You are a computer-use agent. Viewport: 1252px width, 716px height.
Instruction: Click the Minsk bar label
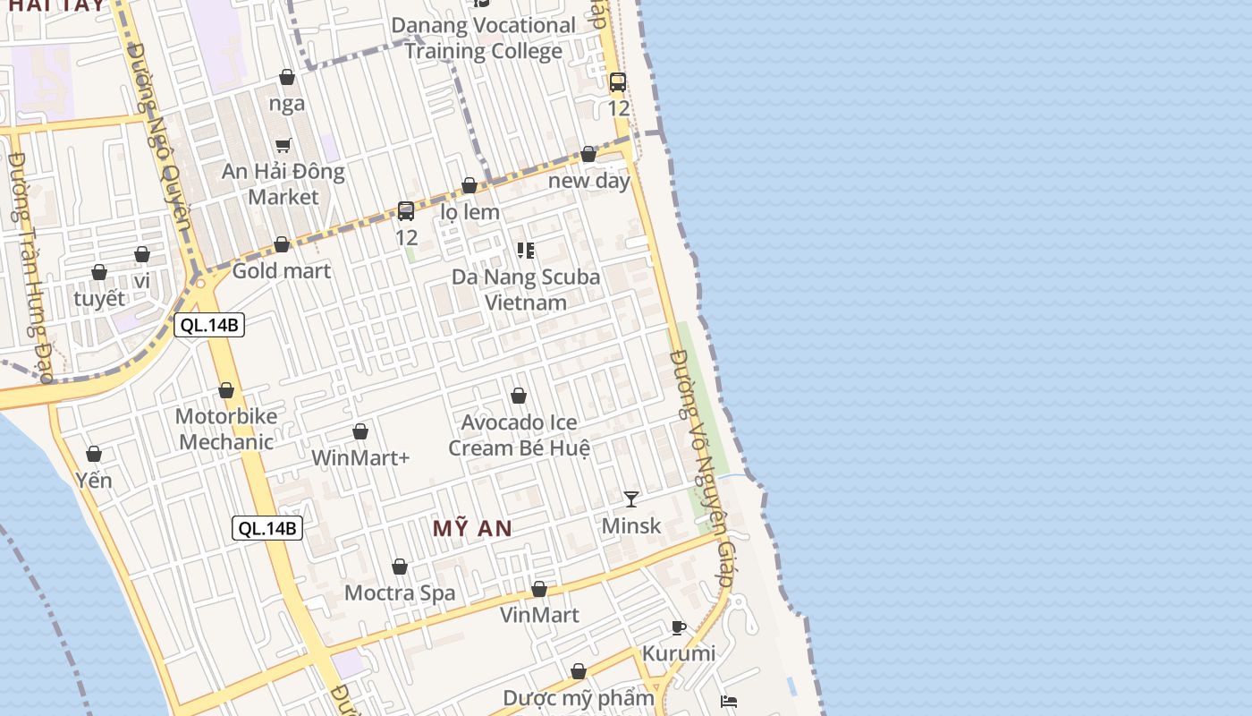(x=631, y=525)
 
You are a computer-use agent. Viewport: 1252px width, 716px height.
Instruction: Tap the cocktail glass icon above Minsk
(x=631, y=499)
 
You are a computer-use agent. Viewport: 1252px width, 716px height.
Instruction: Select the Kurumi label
(x=679, y=653)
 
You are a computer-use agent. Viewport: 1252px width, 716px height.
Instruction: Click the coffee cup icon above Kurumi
(x=679, y=627)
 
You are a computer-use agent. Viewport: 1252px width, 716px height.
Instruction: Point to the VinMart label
(x=539, y=615)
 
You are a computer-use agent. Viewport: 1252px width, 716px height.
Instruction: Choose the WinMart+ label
(x=360, y=458)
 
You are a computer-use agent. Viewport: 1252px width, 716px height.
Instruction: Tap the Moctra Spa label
(x=400, y=592)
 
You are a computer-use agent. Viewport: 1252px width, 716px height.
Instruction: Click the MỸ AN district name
(x=473, y=529)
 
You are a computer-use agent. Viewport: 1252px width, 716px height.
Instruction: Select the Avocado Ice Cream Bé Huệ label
(x=519, y=435)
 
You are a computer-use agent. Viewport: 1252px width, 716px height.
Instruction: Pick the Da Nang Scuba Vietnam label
(x=526, y=289)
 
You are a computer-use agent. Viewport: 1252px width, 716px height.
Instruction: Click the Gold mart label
(x=282, y=270)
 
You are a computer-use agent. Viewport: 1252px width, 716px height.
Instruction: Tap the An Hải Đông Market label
(x=283, y=183)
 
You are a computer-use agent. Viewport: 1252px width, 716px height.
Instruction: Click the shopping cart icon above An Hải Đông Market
(x=283, y=145)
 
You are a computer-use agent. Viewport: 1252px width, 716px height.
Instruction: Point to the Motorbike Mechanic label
(x=226, y=429)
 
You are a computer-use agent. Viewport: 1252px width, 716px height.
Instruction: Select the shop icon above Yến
(x=94, y=455)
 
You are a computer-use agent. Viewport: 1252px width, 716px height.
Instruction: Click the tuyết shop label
(x=99, y=299)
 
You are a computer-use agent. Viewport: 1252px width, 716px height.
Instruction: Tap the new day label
(x=589, y=180)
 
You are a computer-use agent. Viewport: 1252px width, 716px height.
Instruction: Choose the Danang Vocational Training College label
(x=484, y=38)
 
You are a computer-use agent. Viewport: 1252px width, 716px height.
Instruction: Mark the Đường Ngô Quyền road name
(x=160, y=143)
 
